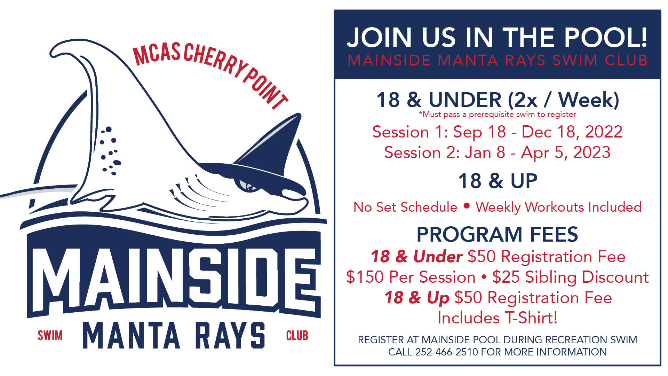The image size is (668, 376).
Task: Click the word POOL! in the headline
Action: click(x=605, y=37)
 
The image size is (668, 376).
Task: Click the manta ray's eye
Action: click(x=248, y=185)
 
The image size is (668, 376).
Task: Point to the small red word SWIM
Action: click(x=50, y=336)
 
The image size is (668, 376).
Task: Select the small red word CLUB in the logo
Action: click(x=297, y=336)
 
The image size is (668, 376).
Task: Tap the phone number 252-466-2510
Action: click(x=447, y=352)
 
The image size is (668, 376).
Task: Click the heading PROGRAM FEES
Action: click(x=497, y=234)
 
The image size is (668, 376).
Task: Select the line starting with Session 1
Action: click(x=497, y=132)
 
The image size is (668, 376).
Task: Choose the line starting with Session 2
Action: click(x=497, y=152)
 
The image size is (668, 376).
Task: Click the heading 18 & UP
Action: click(x=498, y=181)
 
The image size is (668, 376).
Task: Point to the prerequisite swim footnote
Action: click(x=497, y=114)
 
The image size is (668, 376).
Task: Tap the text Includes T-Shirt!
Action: click(x=497, y=318)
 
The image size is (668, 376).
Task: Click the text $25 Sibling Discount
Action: click(x=570, y=277)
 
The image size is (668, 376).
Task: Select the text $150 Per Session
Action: click(x=411, y=277)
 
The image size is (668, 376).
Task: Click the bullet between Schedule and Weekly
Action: click(x=467, y=206)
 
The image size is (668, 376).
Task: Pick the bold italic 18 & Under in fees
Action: click(x=416, y=257)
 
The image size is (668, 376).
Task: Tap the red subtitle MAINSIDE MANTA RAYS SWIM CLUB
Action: click(x=497, y=60)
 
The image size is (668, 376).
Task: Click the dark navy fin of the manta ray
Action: click(x=271, y=146)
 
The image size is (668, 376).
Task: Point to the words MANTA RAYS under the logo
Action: click(x=174, y=336)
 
